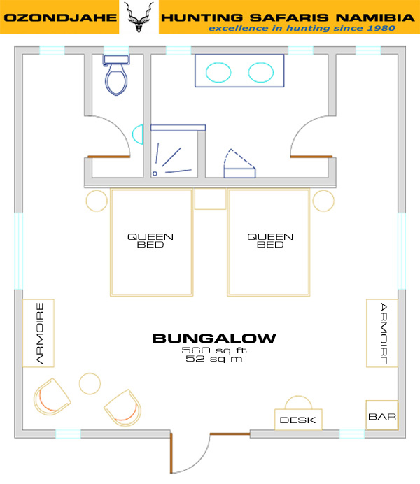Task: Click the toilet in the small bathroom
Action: [116, 75]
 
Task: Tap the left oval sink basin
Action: [218, 72]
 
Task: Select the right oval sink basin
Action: [260, 72]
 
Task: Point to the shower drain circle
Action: [155, 173]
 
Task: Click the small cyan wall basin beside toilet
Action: [138, 134]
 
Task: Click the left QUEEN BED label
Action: [150, 241]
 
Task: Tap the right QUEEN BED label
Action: [270, 241]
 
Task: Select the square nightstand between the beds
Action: [210, 199]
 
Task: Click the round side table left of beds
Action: [97, 201]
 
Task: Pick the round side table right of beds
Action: [323, 201]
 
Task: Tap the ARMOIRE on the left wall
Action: [38, 333]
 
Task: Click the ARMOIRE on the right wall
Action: [382, 333]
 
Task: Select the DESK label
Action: [297, 420]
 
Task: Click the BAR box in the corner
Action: [382, 415]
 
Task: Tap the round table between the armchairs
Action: [90, 384]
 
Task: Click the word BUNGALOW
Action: [214, 339]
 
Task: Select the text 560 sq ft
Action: [214, 350]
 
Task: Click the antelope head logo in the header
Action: [139, 17]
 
